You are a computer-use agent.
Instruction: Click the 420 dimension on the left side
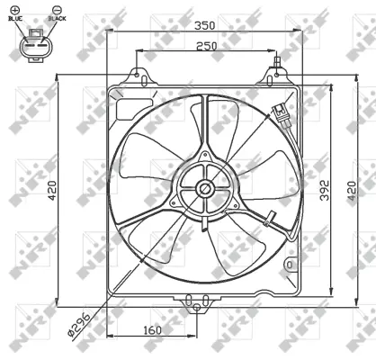point(53,188)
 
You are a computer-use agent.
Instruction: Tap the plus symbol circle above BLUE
point(14,9)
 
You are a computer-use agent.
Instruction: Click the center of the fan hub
point(205,188)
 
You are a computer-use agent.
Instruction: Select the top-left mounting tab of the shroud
point(138,75)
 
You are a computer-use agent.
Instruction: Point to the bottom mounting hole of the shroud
point(196,307)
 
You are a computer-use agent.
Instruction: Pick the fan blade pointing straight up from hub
point(221,126)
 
